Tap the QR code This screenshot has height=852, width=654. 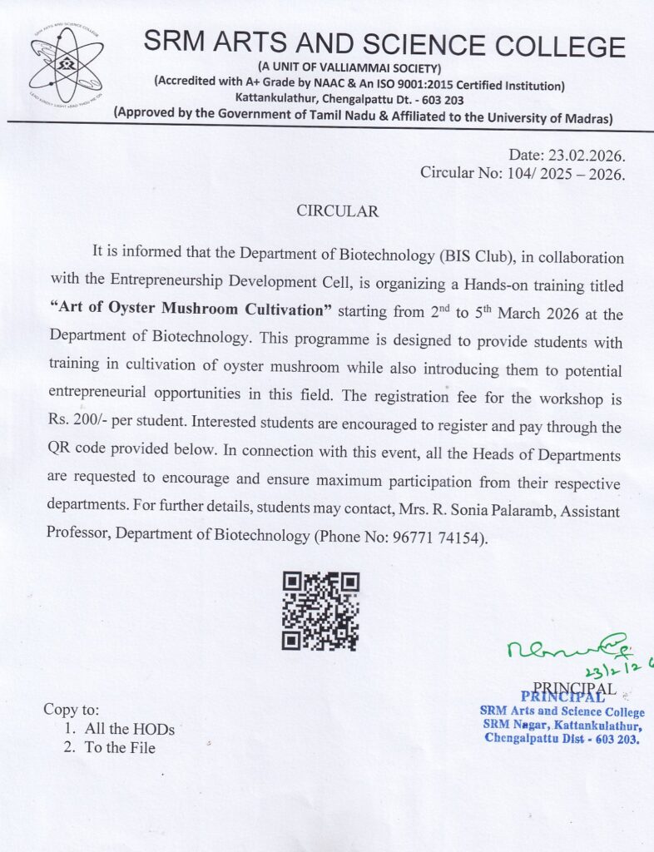320,611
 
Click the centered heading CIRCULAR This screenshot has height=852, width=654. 338,211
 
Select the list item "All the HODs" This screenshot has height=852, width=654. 129,729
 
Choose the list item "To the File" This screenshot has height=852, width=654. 120,747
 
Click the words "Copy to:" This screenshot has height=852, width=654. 71,710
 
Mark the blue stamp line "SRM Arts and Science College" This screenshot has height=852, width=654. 562,712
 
